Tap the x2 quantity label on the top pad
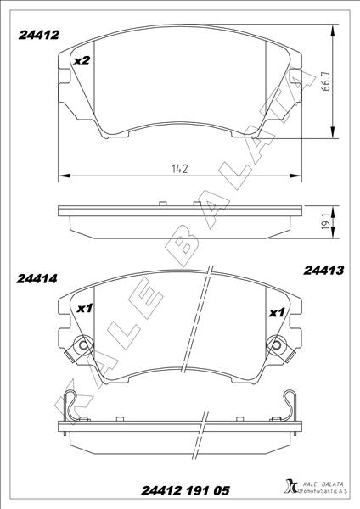[82, 61]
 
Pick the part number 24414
[37, 277]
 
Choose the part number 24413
[323, 271]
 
